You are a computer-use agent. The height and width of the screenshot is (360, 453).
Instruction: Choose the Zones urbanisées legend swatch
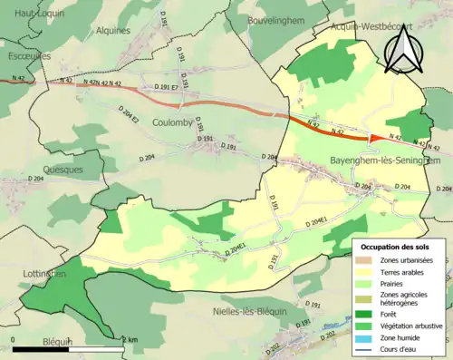click(367, 260)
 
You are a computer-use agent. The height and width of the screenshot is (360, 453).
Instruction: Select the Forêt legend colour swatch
click(367, 308)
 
